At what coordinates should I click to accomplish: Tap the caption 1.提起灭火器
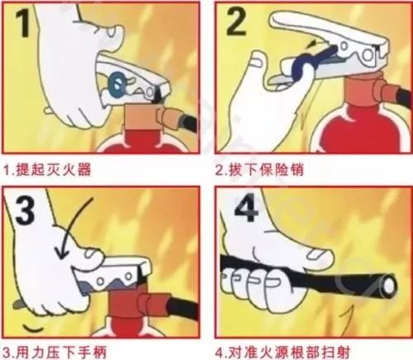[x=50, y=173]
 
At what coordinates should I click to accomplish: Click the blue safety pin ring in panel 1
[x=118, y=81]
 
